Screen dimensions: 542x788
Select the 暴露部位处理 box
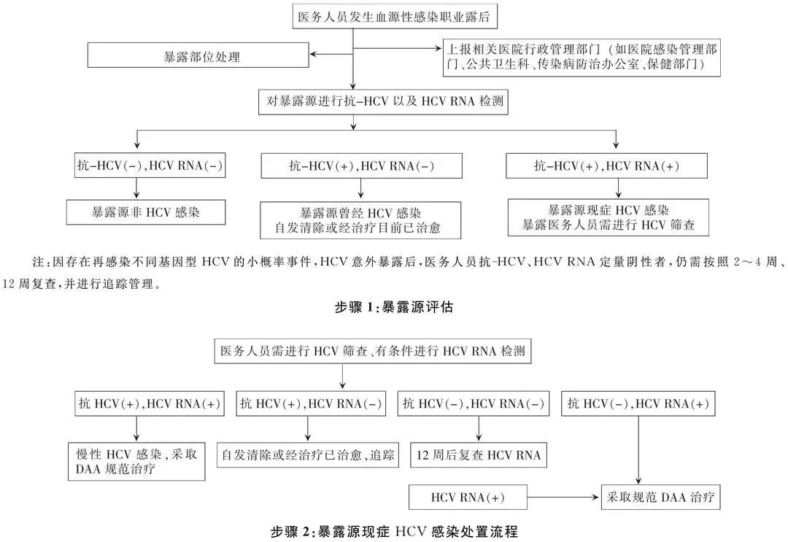click(198, 56)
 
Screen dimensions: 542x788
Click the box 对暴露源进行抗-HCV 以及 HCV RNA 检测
click(382, 103)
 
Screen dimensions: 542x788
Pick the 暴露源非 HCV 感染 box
click(146, 212)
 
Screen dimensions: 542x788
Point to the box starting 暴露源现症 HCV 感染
click(607, 217)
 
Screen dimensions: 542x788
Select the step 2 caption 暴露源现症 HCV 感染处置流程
click(394, 530)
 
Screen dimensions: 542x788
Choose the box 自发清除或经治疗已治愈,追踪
click(307, 455)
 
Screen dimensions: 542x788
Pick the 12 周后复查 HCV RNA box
click(479, 455)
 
